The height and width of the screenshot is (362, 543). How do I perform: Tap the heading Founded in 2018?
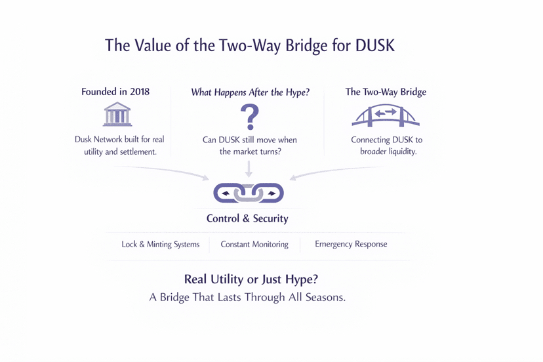115,92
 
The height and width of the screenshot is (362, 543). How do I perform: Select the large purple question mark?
249,117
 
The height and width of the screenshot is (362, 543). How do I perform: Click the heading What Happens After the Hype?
249,92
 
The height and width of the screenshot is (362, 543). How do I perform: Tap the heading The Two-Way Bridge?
386,92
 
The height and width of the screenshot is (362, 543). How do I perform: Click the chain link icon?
249,193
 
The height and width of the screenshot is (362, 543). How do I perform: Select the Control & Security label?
247,218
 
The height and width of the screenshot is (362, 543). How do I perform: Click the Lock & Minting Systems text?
161,245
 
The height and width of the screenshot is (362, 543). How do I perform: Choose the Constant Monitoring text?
254,245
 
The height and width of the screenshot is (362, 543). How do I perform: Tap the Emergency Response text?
351,245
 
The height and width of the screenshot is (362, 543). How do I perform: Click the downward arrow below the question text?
249,169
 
